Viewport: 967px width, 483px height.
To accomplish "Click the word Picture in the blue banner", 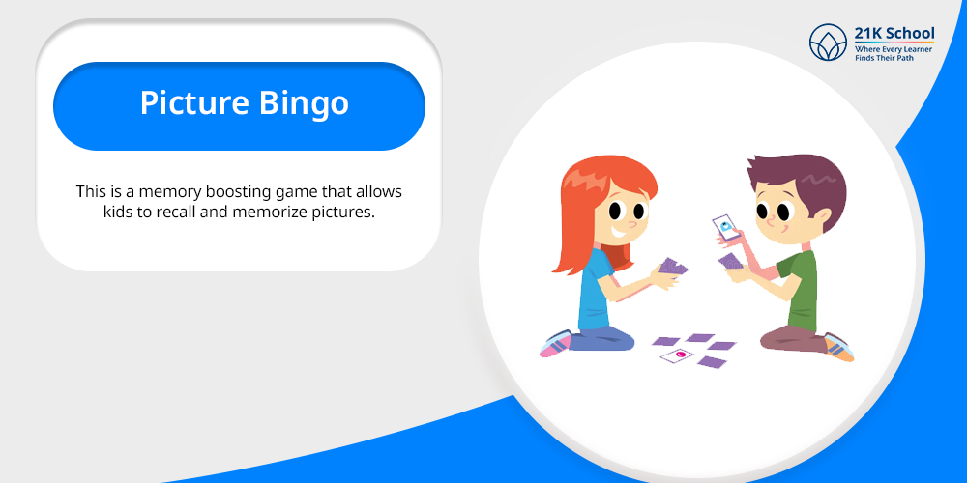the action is pos(194,103).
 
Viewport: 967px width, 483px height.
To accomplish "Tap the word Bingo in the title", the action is pos(304,104).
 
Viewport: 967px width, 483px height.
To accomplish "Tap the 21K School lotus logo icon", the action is pos(828,43).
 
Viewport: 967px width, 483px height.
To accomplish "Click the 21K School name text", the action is pos(894,33).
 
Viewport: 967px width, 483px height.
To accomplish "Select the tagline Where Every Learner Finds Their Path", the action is pos(893,53).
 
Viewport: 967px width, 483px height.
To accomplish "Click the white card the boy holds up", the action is pos(726,227).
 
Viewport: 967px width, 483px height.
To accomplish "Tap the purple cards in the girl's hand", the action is pos(672,267).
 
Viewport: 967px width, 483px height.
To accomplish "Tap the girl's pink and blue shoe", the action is pos(556,343).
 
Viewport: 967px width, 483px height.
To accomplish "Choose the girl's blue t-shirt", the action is pos(595,290).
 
